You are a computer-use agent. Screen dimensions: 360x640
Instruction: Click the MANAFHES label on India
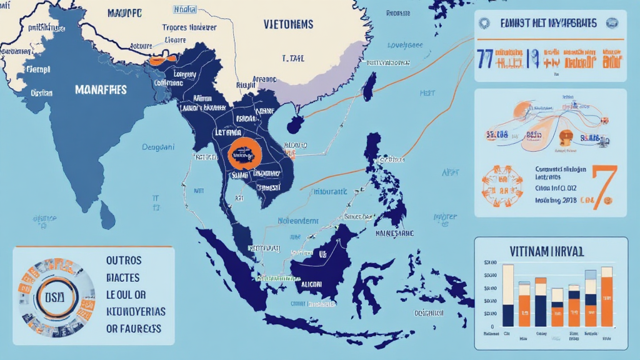[101, 90]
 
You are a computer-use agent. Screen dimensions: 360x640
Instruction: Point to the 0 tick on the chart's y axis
[493, 326]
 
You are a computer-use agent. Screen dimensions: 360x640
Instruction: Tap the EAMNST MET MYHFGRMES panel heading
[548, 23]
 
